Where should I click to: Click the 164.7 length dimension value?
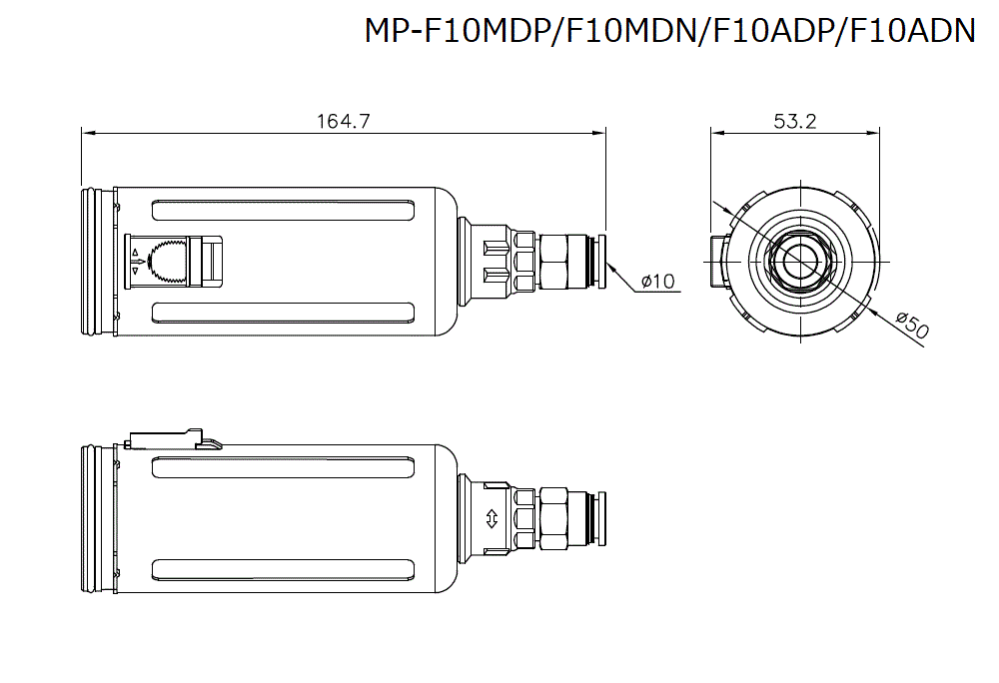click(344, 121)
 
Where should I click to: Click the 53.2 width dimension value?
click(795, 121)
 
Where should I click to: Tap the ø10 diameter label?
click(658, 282)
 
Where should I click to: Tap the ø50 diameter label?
click(912, 325)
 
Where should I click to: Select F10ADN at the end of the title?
click(910, 31)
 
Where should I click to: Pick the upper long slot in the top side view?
click(284, 211)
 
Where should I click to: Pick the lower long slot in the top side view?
click(284, 314)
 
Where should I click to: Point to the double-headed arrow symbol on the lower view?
click(491, 518)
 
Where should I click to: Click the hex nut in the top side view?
click(553, 262)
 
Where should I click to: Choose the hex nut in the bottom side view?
click(553, 518)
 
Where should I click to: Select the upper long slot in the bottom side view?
click(284, 467)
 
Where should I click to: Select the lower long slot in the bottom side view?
click(284, 570)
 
